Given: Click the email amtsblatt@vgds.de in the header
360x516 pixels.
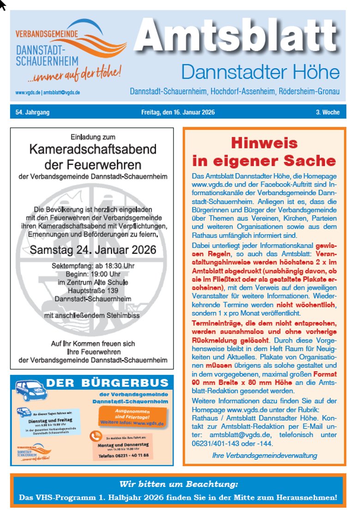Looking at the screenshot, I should tap(62, 92).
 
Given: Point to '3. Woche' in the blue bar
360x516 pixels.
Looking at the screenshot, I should tap(328, 112).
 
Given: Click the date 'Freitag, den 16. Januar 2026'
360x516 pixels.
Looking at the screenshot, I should tap(178, 112).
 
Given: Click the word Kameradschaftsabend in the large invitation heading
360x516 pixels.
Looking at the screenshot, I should tap(93, 150).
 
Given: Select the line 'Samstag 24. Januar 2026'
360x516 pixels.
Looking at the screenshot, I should tap(93, 250).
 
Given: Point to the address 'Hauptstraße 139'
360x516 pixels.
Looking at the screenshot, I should tap(93, 290).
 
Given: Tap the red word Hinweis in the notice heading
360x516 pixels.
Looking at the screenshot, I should tap(264, 143).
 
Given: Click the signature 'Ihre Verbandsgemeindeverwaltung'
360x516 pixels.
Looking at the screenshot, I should tap(264, 455).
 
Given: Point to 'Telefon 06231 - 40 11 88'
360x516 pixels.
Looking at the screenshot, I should tap(123, 456).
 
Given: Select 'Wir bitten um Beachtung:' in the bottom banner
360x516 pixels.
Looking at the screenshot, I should tap(179, 485).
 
